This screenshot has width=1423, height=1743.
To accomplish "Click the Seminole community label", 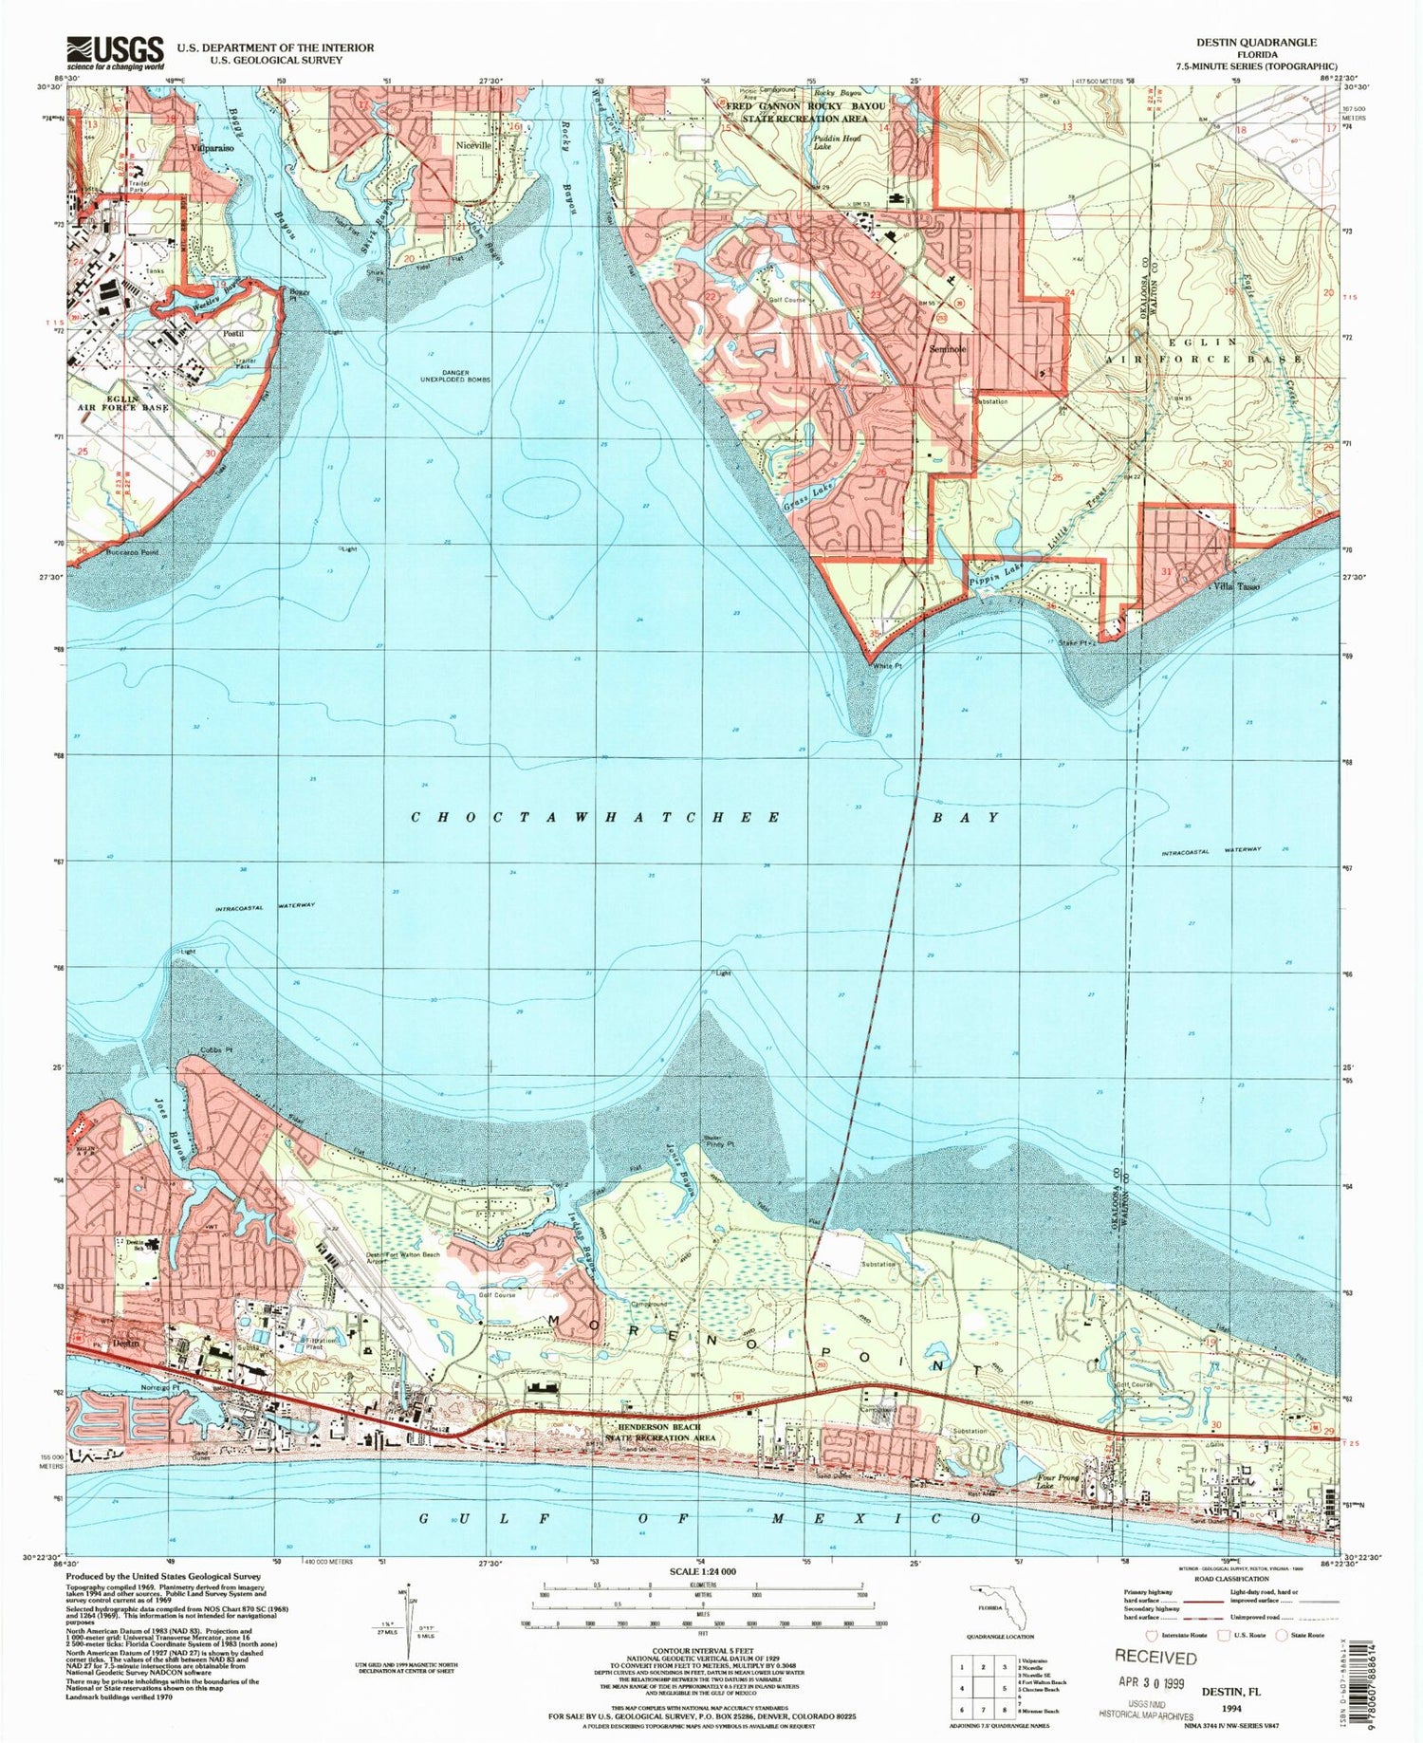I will [947, 349].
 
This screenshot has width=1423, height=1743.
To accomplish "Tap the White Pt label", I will [886, 666].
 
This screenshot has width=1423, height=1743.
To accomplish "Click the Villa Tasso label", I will [1235, 587].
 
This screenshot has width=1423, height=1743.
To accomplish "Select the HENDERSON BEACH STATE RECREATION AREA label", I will [661, 1432].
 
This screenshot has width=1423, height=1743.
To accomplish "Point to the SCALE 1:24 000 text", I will [703, 1571].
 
